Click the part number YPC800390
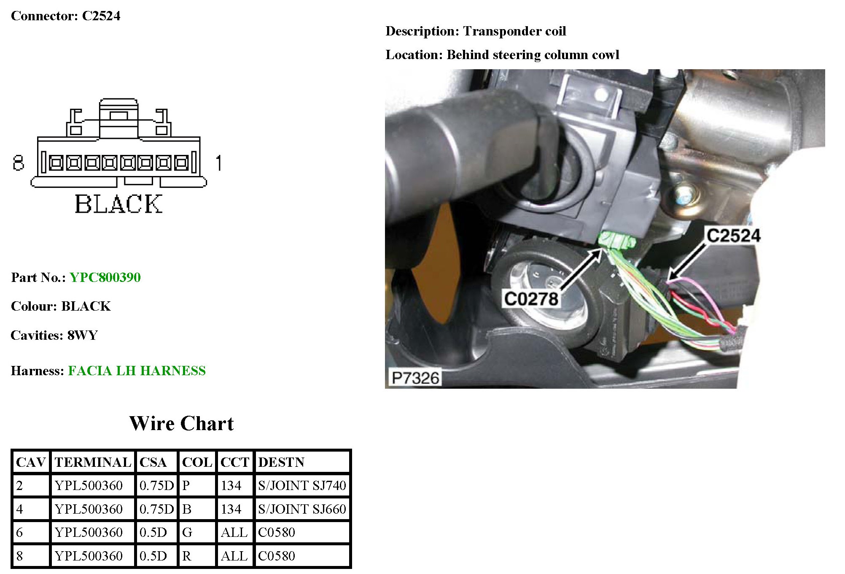[x=105, y=277]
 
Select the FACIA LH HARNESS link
[x=137, y=371]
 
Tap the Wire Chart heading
[x=181, y=423]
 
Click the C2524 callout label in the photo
[x=733, y=236]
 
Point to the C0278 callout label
[x=531, y=299]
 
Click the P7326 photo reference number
[x=415, y=378]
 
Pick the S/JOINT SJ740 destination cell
[x=302, y=485]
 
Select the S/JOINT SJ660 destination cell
[x=302, y=509]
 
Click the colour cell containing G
[x=187, y=532]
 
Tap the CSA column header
[x=153, y=462]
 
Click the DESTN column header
[x=281, y=462]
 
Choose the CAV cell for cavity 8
[x=20, y=556]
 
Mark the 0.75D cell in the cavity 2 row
[x=156, y=485]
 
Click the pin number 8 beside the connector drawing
[x=18, y=163]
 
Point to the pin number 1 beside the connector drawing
[x=218, y=163]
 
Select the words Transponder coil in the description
[x=514, y=31]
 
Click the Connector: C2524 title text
[x=65, y=16]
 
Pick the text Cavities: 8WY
[x=54, y=335]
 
